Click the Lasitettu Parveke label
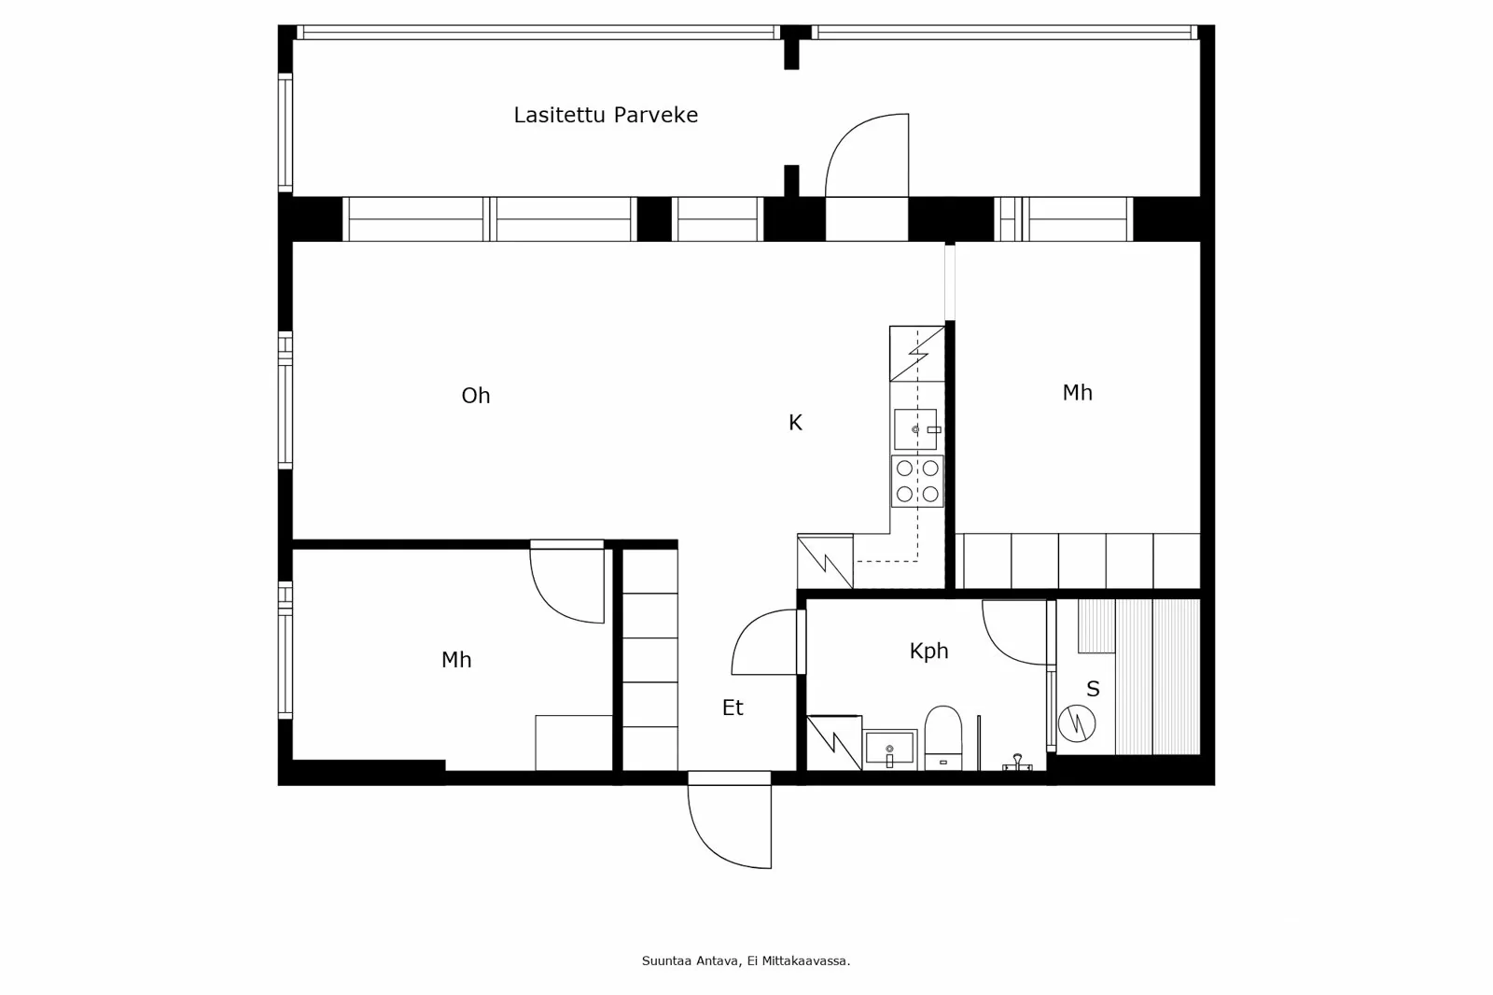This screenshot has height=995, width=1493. [x=606, y=115]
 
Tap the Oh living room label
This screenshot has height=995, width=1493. [x=476, y=396]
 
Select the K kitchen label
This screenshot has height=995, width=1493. [x=795, y=423]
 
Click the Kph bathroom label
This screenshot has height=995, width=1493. [x=928, y=651]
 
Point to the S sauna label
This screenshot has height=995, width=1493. [x=1093, y=689]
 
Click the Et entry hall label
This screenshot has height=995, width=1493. [x=733, y=708]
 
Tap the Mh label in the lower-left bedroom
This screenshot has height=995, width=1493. [x=456, y=660]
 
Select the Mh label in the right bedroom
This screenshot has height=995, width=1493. [x=1077, y=393]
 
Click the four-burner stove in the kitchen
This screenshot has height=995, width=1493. [x=917, y=482]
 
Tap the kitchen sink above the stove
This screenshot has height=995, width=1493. [x=915, y=429]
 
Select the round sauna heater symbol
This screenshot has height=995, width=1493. [x=1076, y=722]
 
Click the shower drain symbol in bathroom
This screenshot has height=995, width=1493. [x=1016, y=763]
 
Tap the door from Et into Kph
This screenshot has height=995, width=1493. [x=767, y=642]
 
